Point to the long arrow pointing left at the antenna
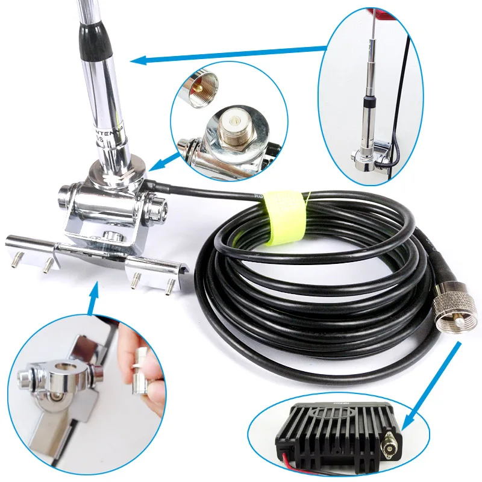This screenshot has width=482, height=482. point(229,55)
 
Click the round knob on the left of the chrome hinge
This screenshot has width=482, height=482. point(64,196)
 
